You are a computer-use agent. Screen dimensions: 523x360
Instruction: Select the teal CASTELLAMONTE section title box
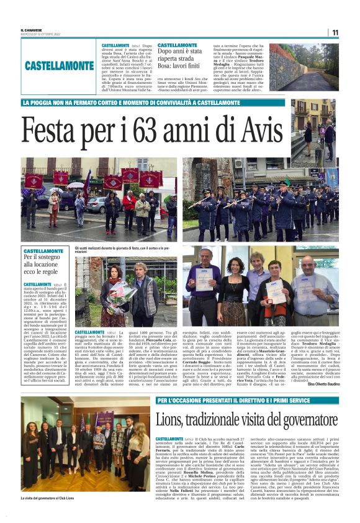click(x=60, y=65)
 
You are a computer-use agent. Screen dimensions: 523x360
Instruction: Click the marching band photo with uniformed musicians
click(x=261, y=199)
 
